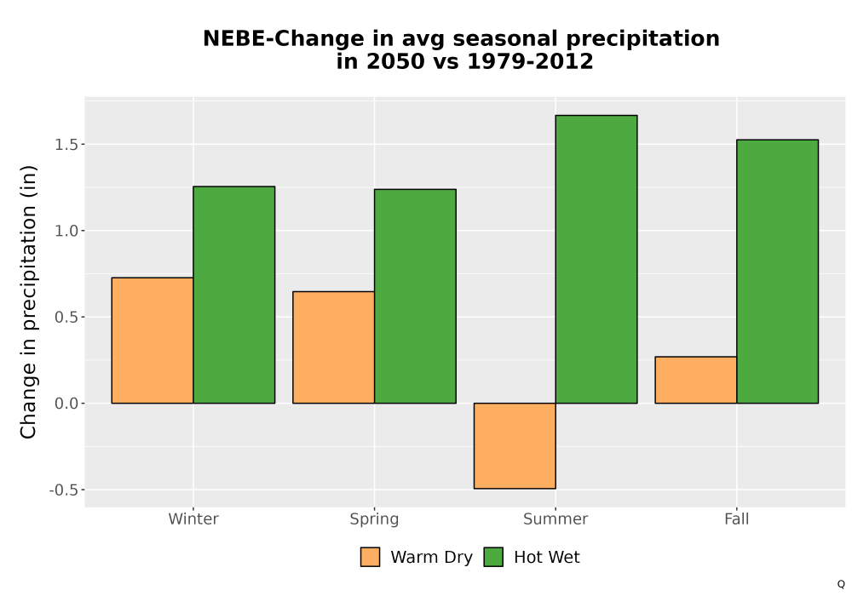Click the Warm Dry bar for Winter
153,341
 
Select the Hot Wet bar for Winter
234,295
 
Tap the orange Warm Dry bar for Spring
334,347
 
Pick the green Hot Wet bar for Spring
415,296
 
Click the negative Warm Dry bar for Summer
515,445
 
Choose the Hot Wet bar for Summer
596,259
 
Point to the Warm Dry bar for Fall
695,380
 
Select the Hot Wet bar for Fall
778,272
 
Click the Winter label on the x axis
193,519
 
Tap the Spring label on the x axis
374,519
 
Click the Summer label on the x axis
556,519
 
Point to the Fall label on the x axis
737,519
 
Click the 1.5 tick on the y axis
66,145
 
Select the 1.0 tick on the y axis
66,231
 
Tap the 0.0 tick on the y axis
66,404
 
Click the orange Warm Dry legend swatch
370,557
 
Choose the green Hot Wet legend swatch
493,557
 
